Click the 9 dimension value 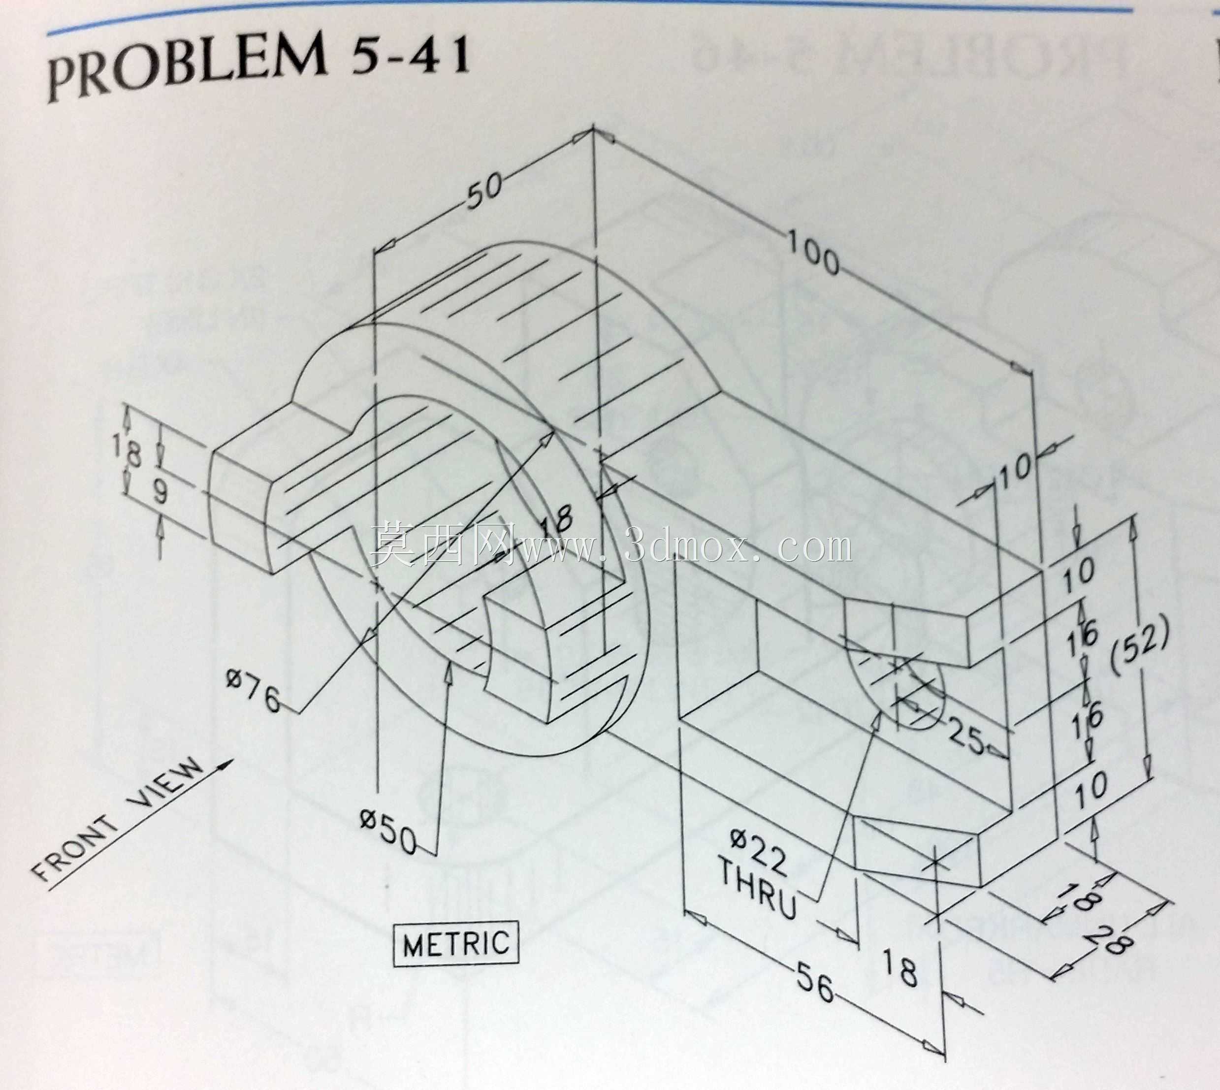[x=160, y=492]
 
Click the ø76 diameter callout [x=254, y=691]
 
